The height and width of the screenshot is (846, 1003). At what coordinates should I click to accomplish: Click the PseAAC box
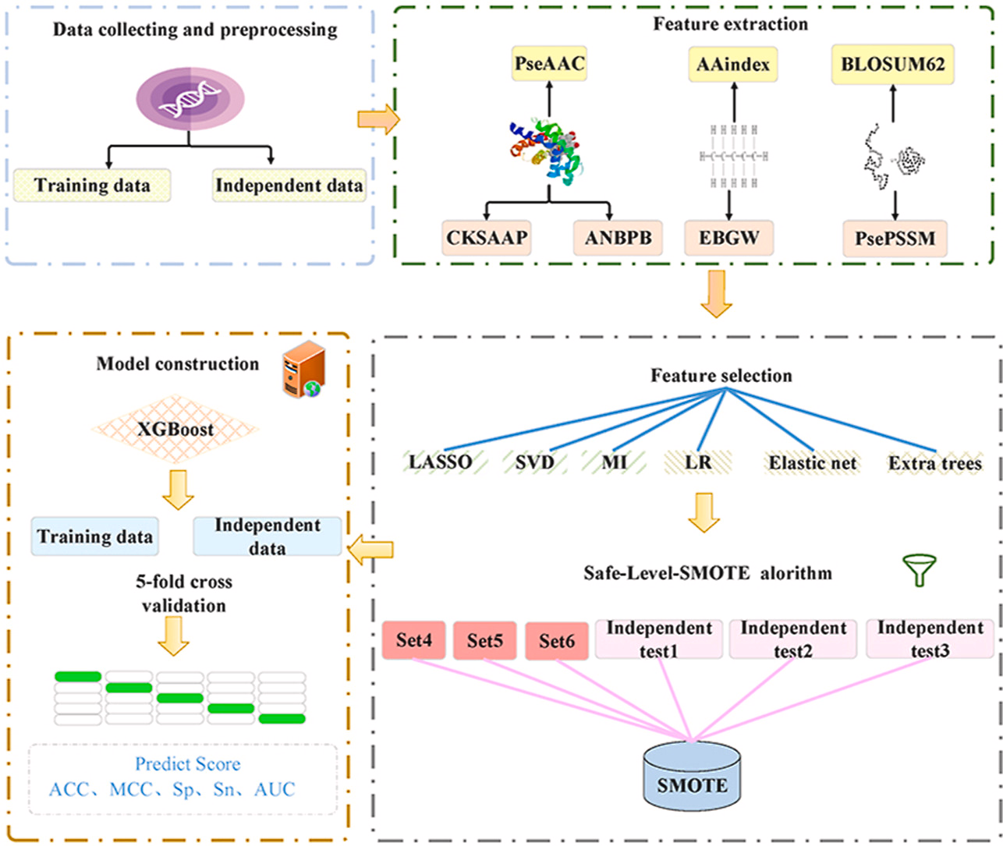549,63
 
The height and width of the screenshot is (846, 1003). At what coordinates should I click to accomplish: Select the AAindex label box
733,63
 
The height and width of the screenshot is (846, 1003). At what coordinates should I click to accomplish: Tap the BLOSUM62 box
893,63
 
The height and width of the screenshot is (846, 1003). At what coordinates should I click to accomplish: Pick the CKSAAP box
487,238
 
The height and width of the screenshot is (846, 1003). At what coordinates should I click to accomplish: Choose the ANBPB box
618,238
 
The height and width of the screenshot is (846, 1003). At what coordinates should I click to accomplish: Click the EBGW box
729,238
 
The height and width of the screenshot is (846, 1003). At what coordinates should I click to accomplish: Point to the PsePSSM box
895,238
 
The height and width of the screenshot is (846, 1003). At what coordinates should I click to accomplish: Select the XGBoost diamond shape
175,429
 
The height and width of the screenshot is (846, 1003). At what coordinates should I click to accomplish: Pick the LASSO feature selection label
441,462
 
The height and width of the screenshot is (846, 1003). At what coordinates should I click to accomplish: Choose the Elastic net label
813,463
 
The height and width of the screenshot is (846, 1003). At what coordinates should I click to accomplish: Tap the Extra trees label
935,463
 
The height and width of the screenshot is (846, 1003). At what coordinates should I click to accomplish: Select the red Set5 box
484,641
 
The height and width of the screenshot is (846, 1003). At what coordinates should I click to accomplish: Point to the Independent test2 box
793,639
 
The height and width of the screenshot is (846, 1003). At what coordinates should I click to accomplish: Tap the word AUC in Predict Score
275,789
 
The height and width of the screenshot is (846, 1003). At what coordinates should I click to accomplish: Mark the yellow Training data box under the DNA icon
92,186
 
